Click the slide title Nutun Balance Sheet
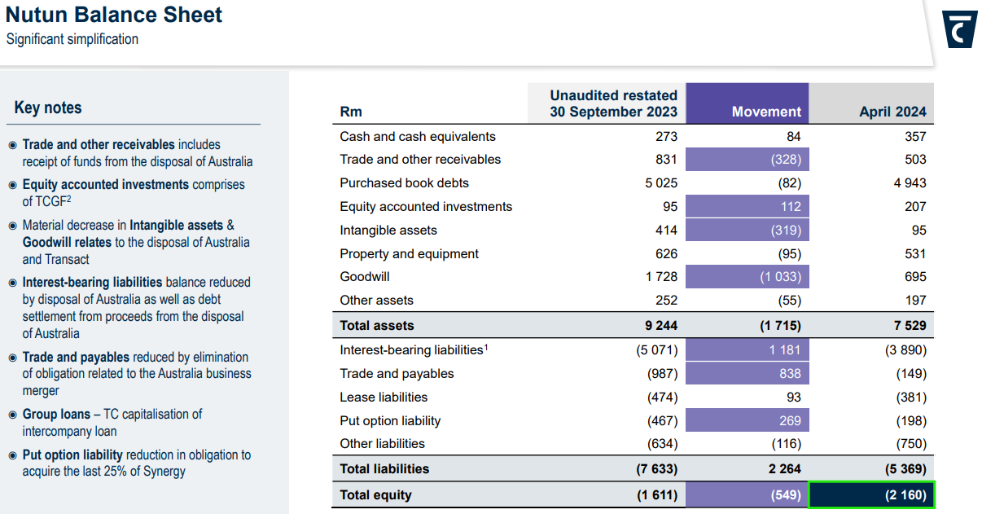click(x=114, y=15)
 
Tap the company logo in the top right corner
click(x=959, y=29)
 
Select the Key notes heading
click(x=48, y=108)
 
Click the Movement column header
click(x=766, y=112)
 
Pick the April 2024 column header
click(x=892, y=112)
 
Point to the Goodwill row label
click(x=365, y=277)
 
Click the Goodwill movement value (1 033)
click(x=780, y=277)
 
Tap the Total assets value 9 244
click(x=660, y=325)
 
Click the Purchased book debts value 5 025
click(x=660, y=183)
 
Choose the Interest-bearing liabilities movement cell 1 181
click(x=785, y=350)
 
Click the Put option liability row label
click(x=390, y=421)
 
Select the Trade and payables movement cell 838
click(x=788, y=374)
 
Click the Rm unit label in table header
click(x=351, y=112)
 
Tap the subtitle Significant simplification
click(x=72, y=39)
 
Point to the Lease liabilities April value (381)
click(x=910, y=398)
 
